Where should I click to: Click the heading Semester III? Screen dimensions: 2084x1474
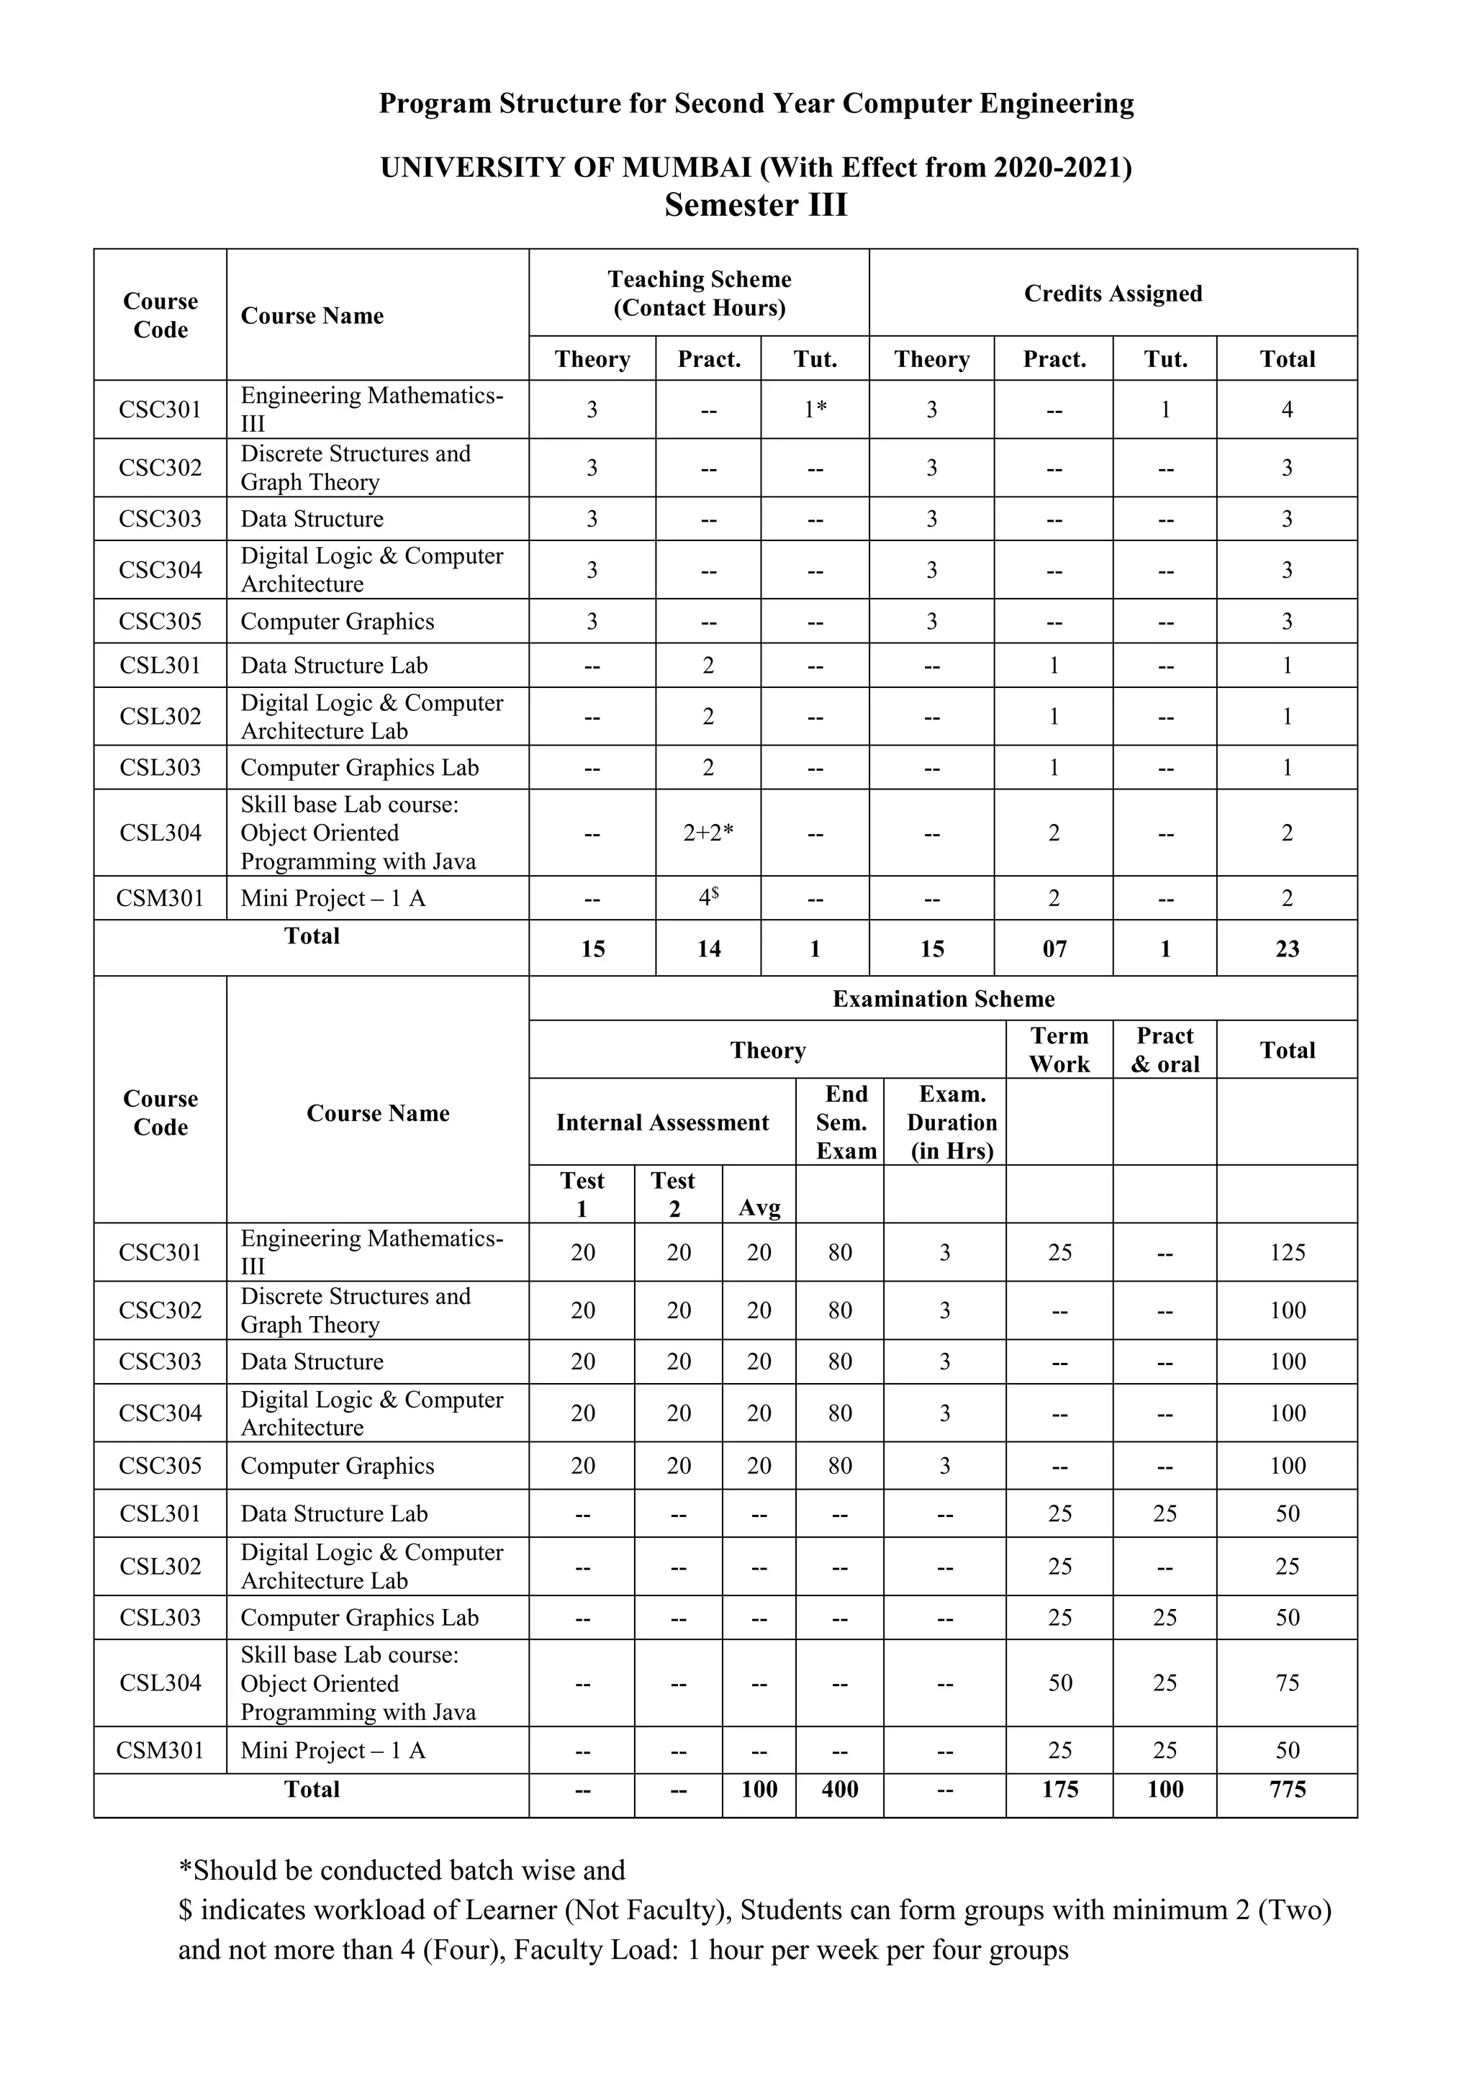pos(755,205)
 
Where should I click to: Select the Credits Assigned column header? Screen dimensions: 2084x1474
pos(1113,293)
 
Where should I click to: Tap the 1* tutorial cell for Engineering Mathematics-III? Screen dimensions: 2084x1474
pos(815,409)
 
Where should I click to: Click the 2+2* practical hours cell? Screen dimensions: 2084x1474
pos(708,833)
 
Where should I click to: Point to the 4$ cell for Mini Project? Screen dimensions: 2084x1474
pos(708,897)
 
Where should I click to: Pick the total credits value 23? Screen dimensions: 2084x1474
pos(1287,948)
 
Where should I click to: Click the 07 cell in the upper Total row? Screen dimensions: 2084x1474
pos(1054,948)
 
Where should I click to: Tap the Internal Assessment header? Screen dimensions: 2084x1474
pos(663,1122)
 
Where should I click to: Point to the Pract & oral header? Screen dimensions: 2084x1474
pos(1165,1049)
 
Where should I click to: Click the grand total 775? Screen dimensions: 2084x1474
pos(1287,1789)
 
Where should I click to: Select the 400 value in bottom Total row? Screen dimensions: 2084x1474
pos(840,1789)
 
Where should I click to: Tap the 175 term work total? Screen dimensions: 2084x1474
pos(1059,1789)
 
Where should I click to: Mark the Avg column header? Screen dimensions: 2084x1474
pos(759,1208)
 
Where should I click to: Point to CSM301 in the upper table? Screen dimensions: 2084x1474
pos(160,897)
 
